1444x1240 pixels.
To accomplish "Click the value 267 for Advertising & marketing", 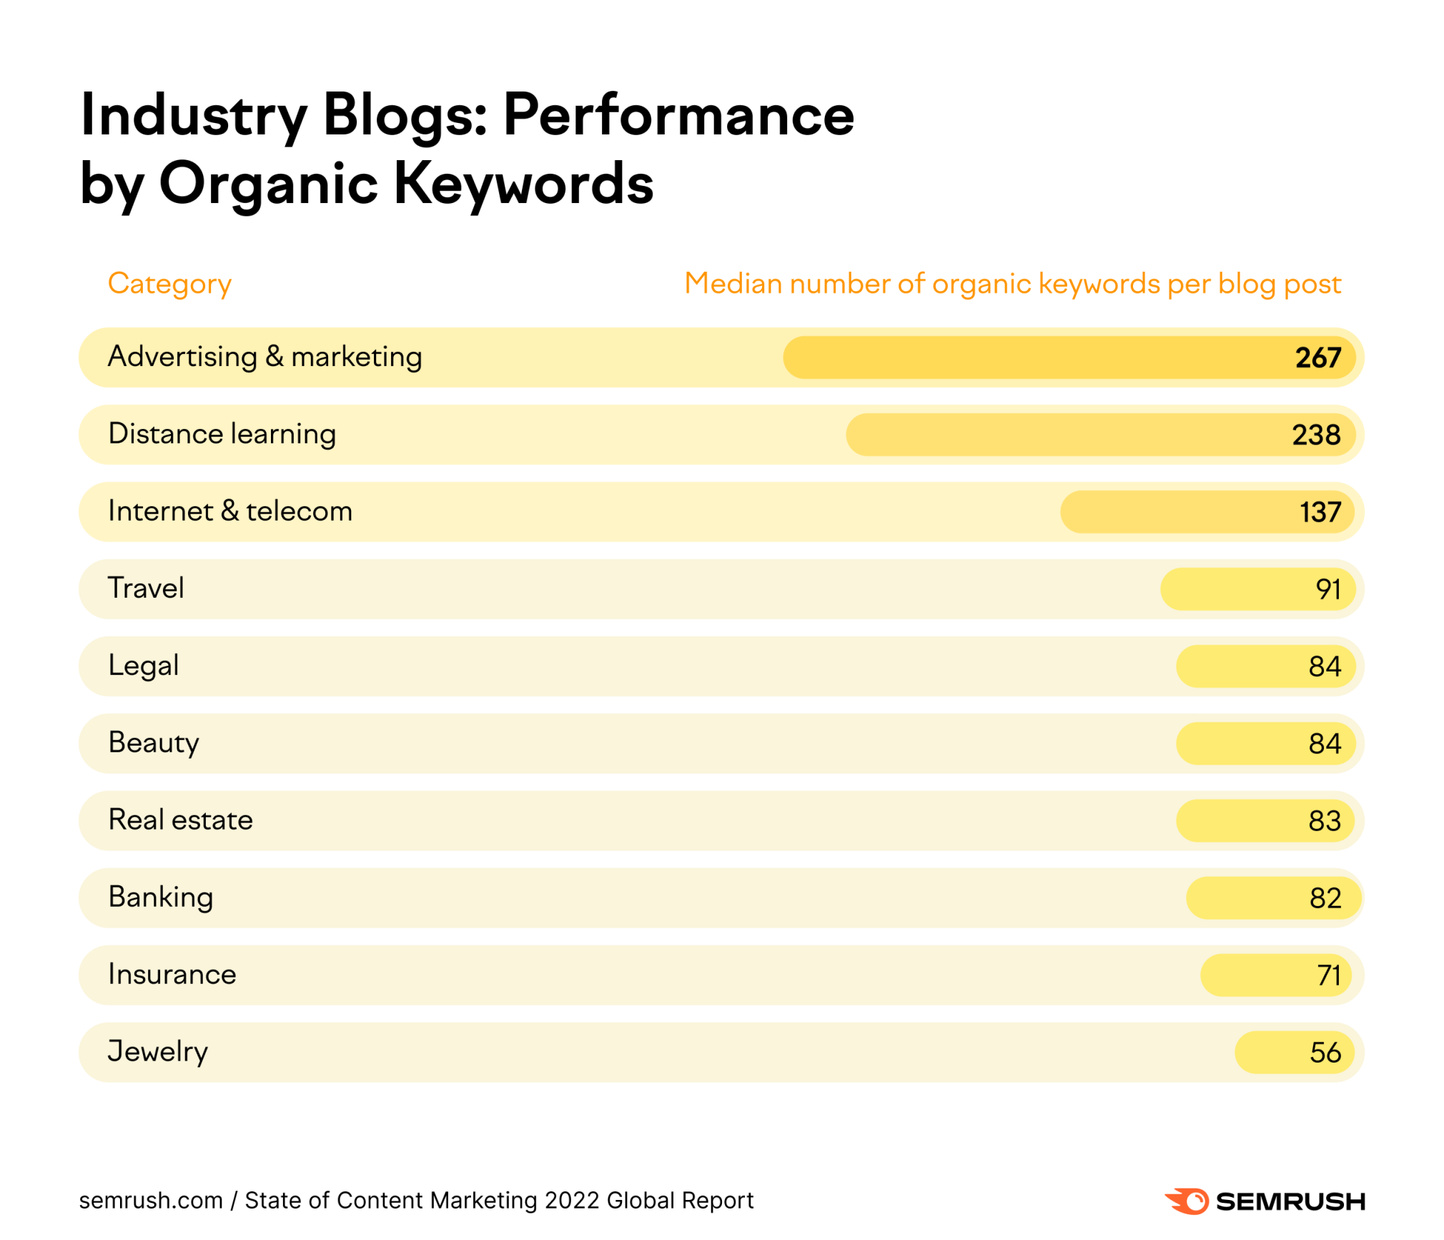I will [1317, 357].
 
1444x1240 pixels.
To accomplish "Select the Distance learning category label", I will [222, 433].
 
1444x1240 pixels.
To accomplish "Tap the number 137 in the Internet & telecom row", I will [1319, 511].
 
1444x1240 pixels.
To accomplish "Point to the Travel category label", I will [146, 588].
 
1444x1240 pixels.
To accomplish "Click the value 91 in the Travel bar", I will [1327, 589].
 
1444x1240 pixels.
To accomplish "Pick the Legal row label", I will [143, 665].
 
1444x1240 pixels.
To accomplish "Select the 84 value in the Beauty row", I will [1324, 743].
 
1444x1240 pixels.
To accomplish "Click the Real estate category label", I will [180, 820].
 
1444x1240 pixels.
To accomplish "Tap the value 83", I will [1324, 820].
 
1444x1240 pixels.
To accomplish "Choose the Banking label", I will [160, 897].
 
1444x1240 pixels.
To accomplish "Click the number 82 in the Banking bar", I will [1324, 897].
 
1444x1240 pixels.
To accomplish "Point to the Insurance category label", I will [172, 974].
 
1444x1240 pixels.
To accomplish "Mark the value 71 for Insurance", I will [1327, 975].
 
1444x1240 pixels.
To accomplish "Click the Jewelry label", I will [157, 1051].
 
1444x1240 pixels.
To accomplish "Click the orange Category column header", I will [169, 284].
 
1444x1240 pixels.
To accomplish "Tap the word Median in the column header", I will [732, 283].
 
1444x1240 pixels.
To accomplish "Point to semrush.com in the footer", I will [151, 1200].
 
